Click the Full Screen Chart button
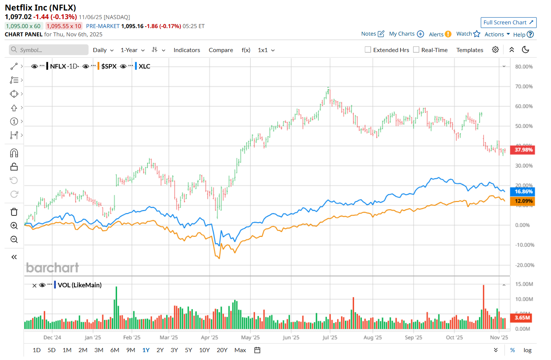508,22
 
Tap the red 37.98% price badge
523,150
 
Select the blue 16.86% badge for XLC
523,191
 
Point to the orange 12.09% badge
523,201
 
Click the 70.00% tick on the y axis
524,87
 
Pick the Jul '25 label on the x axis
330,338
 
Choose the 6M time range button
115,350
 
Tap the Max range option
240,350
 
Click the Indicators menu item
187,50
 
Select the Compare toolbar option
221,50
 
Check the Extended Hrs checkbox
368,50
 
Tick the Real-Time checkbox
416,50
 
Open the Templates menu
470,50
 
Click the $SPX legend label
109,66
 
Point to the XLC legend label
144,66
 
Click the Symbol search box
49,50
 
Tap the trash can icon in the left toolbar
14,212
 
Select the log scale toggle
527,350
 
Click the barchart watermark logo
52,267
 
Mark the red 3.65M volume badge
522,318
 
